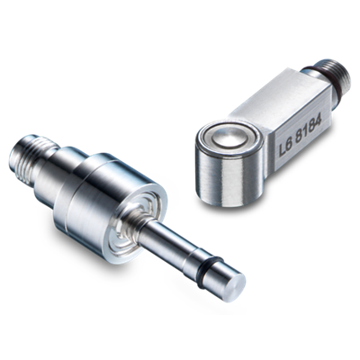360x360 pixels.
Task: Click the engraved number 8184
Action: [x=309, y=128]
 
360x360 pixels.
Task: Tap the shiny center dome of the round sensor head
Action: [x=229, y=138]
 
